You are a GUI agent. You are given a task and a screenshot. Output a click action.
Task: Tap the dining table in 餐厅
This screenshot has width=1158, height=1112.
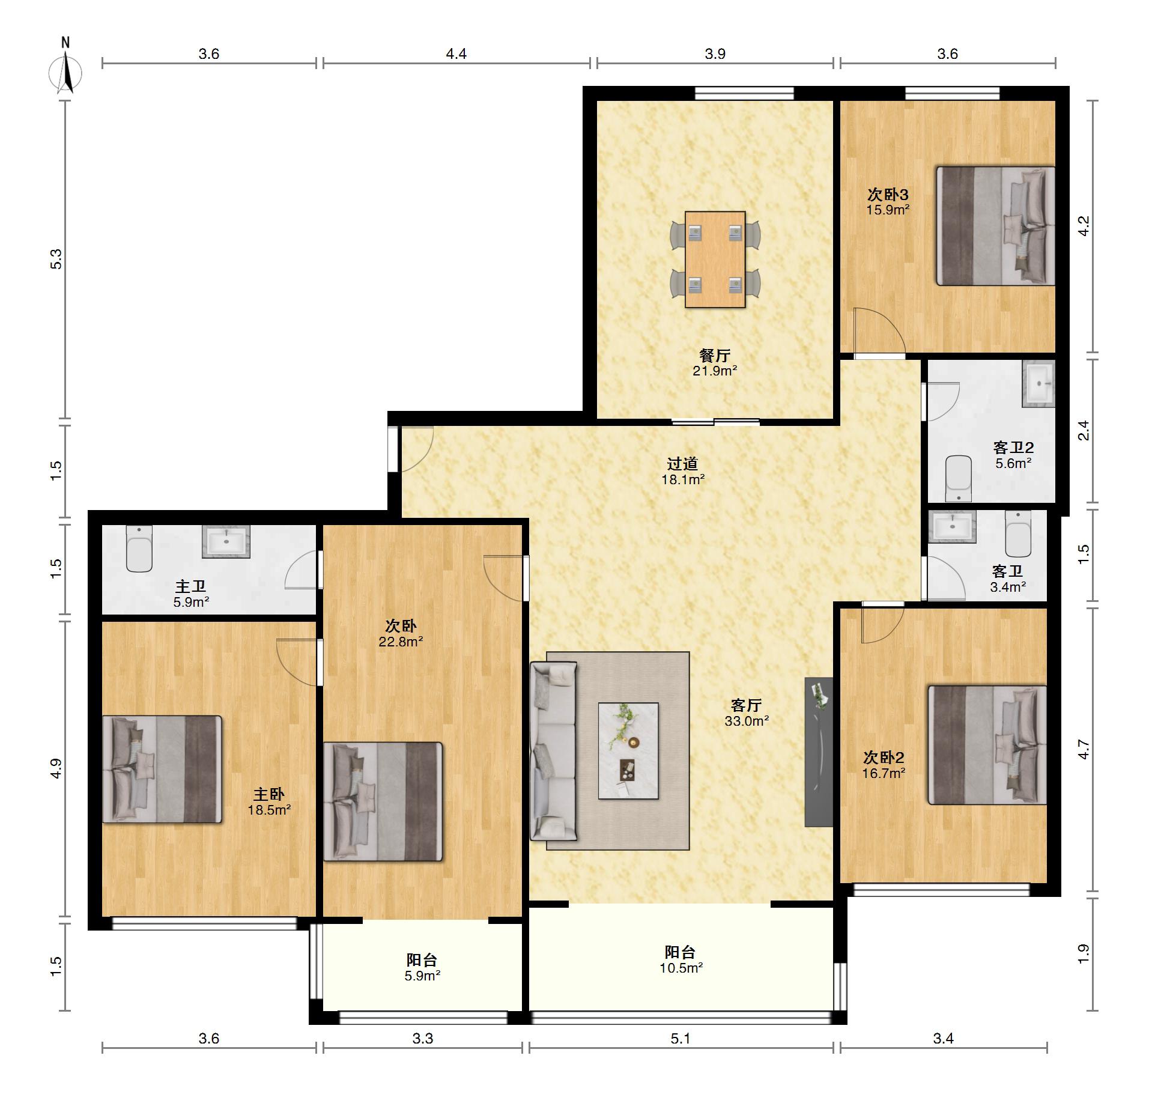715,259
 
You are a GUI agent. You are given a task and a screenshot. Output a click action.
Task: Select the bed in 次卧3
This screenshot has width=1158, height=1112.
995,226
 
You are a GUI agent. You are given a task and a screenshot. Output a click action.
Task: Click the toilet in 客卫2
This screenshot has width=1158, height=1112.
959,479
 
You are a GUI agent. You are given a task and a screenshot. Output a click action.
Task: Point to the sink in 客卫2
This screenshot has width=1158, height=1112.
1038,384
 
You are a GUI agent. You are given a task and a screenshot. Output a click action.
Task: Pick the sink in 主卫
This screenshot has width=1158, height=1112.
226,541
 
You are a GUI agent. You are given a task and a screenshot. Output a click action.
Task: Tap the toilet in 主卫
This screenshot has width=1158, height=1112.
139,548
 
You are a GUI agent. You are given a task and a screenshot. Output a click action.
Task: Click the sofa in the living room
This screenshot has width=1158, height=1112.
553,751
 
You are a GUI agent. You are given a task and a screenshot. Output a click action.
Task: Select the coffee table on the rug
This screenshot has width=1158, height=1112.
628,751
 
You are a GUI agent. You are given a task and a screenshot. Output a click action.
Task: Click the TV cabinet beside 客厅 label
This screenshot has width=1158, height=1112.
819,752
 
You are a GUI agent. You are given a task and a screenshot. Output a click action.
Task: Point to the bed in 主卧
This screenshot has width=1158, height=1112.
162,769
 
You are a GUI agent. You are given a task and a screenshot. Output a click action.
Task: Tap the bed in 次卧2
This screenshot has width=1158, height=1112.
987,745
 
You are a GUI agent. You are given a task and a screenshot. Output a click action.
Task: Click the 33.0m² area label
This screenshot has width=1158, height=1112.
747,721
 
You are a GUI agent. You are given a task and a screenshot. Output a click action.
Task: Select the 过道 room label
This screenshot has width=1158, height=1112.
682,464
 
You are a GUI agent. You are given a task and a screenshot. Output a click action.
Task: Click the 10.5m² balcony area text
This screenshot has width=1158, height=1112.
681,968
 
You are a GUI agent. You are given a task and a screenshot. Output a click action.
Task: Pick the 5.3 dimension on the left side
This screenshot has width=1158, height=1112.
56,259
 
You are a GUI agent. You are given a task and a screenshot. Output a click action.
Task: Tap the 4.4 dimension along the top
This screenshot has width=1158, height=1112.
456,54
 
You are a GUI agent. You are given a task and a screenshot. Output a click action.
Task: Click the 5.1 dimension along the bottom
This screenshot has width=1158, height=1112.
681,1039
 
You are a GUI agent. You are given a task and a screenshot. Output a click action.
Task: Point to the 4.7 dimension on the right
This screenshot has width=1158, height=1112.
1084,749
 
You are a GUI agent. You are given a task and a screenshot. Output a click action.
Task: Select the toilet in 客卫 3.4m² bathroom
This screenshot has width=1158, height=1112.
1018,534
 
